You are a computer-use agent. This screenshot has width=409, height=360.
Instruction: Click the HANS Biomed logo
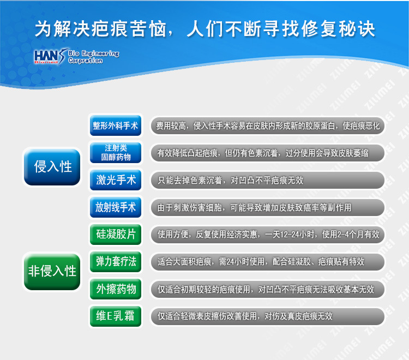coord(77,56)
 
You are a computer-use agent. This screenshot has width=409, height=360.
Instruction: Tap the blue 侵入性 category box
coord(52,167)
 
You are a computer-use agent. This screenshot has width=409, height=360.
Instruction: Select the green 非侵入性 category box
coord(52,272)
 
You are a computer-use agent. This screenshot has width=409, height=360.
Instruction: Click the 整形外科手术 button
coord(116,126)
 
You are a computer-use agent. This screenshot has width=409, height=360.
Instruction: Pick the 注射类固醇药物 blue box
coord(116,153)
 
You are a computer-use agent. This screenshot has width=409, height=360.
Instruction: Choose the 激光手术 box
coord(116,180)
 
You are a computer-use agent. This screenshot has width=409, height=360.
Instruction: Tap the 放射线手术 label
coord(116,207)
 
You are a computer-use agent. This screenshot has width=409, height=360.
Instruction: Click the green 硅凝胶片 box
coord(116,234)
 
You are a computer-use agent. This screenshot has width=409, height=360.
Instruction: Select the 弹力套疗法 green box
coord(116,262)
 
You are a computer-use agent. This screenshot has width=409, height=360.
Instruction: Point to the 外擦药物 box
coord(116,289)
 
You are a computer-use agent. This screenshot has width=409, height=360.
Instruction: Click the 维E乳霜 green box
coord(116,316)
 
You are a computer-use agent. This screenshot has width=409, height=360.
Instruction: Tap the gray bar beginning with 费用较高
coord(268,126)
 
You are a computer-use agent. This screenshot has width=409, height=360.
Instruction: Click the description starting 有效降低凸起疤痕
coord(268,153)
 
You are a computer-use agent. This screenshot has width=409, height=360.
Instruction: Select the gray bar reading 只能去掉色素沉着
coord(268,180)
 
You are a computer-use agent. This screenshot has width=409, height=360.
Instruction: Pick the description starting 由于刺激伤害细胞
coord(268,207)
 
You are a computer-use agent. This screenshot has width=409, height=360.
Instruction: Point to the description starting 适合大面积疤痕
coord(268,262)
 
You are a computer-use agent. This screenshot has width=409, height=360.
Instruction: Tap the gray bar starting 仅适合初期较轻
coord(268,289)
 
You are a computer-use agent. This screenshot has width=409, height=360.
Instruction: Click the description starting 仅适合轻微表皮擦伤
coord(268,316)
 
